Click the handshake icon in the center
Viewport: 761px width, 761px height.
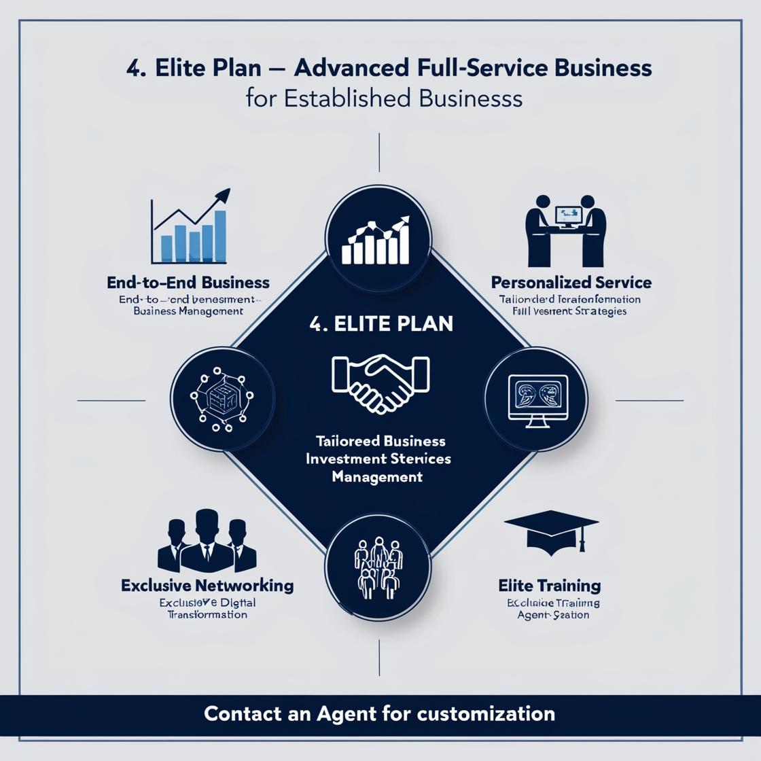[x=380, y=382]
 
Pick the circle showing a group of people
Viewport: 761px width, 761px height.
[x=378, y=567]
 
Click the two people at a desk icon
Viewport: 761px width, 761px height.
[x=566, y=231]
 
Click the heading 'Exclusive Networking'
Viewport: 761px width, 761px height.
[x=207, y=585]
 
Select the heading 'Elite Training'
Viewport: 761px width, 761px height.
[x=549, y=585]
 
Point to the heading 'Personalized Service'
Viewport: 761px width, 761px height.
[x=571, y=282]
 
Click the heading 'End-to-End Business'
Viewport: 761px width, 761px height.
[x=188, y=282]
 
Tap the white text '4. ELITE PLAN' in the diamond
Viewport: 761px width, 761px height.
[x=380, y=323]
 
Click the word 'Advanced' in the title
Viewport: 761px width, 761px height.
[x=351, y=68]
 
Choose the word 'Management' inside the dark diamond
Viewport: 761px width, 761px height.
[x=377, y=477]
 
